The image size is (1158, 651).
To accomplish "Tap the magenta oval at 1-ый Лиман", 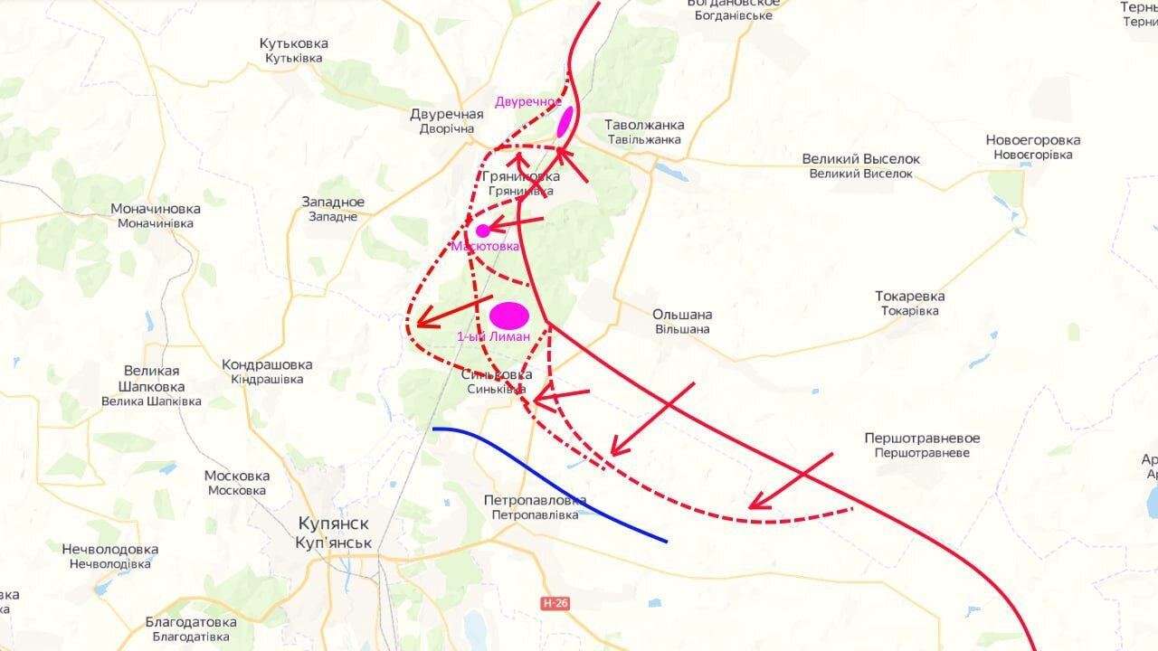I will point(509,316).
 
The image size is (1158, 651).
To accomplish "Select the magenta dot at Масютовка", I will point(483,231).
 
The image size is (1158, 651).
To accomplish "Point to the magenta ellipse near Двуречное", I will point(565,121).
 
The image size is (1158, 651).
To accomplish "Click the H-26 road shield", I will point(555,603).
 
